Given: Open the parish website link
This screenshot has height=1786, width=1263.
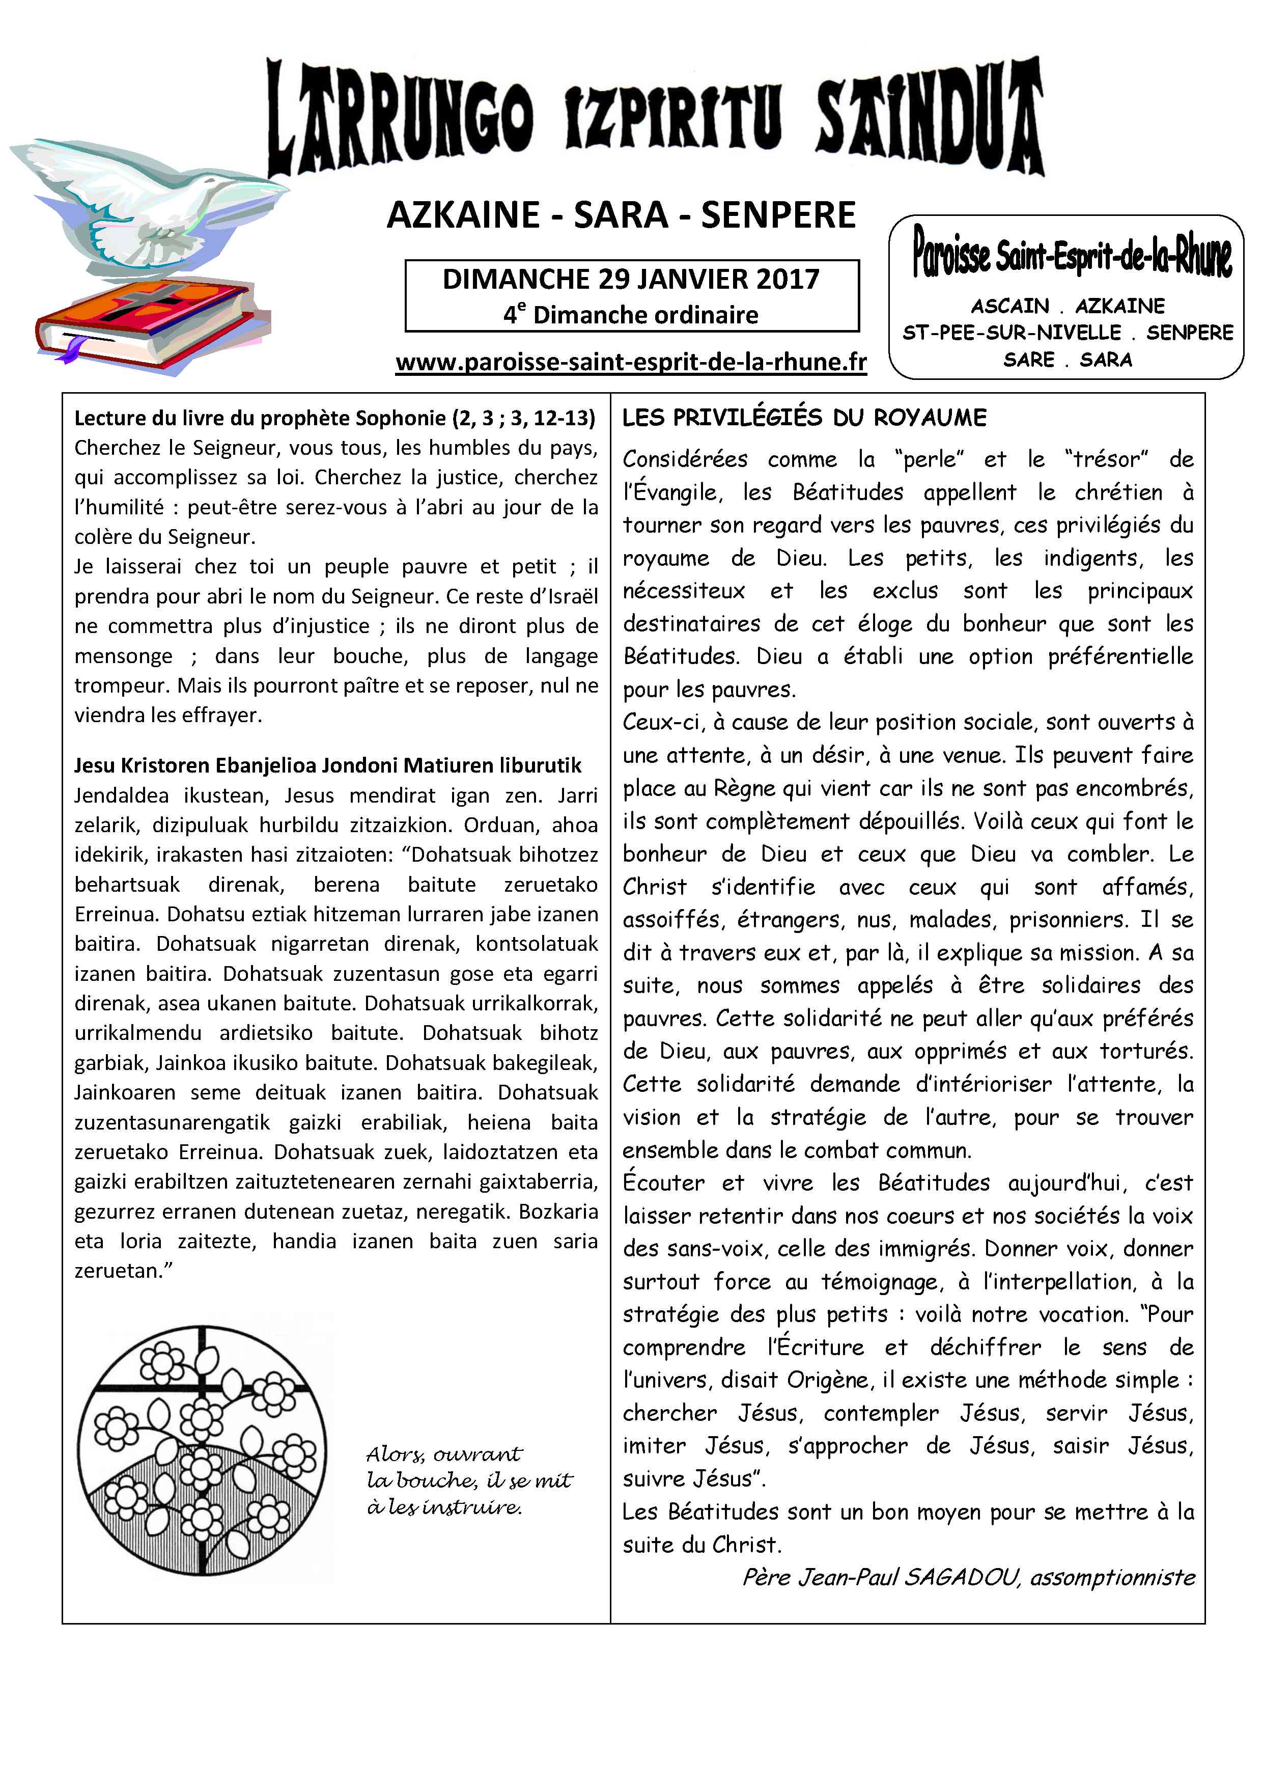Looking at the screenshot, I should pyautogui.click(x=631, y=363).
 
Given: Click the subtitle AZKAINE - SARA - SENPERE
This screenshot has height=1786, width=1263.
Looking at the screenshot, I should pyautogui.click(x=621, y=215).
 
